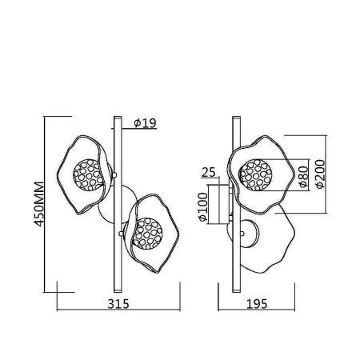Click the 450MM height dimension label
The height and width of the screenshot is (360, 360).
click(x=39, y=204)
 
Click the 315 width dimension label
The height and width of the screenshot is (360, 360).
click(x=118, y=304)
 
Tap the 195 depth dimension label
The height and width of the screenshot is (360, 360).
click(x=257, y=304)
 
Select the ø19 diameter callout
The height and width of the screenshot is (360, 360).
click(x=145, y=122)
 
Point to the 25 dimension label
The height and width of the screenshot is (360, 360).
click(x=209, y=172)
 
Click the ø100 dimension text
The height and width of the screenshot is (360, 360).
click(x=203, y=207)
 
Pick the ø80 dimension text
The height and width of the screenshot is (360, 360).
click(x=304, y=177)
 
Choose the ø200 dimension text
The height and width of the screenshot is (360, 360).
click(x=320, y=174)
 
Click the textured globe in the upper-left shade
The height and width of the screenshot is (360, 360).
click(x=88, y=175)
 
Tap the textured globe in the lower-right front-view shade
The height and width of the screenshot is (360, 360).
click(x=147, y=234)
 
